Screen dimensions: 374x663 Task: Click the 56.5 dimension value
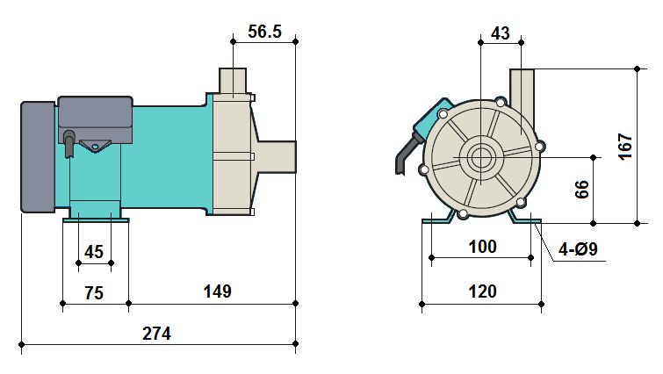click(264, 32)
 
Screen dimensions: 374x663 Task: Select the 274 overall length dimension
click(156, 334)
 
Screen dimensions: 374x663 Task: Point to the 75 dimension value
click(91, 292)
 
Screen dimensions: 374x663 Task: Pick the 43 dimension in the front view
click(500, 32)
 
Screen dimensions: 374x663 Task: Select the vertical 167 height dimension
click(624, 147)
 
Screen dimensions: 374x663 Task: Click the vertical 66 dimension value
click(582, 190)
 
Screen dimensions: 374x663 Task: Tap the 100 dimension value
click(481, 247)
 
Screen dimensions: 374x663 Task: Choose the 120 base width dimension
click(482, 291)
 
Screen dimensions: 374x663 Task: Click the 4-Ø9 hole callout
click(579, 250)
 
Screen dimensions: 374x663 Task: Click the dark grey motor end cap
click(38, 156)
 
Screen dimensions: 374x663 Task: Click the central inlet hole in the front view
click(481, 159)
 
